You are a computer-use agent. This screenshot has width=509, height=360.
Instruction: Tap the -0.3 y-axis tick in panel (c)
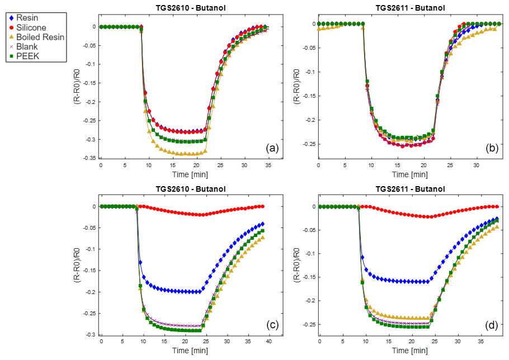(x=89, y=335)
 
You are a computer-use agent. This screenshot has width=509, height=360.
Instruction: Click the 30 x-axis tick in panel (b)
(x=477, y=165)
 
